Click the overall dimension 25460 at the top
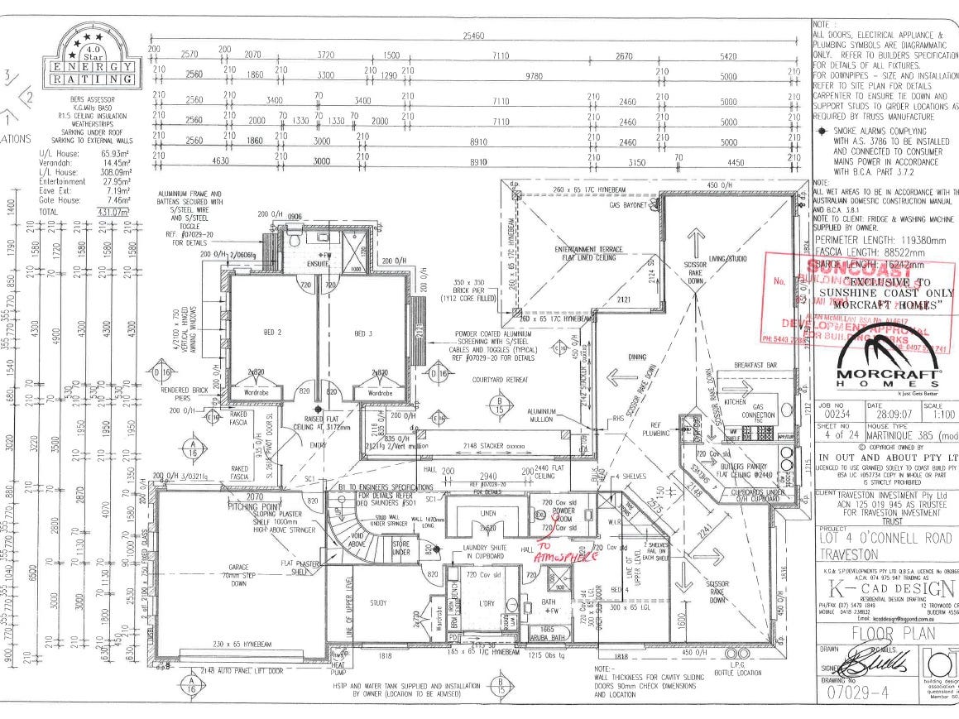pos(474,36)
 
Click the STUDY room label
pos(379,602)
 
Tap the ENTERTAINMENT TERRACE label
pos(588,252)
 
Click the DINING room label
pos(637,357)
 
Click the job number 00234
pos(837,414)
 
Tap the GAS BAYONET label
pos(626,204)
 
